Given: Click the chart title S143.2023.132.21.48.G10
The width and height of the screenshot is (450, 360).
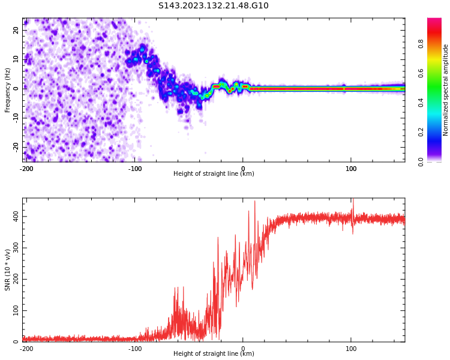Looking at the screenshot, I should pos(214,6).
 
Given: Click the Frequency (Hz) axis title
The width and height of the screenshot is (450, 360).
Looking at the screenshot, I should pos(8,89).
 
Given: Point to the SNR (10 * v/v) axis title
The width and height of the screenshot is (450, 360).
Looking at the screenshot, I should pos(8,269).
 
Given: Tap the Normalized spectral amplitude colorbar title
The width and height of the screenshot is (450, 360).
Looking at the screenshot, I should pos(446,89).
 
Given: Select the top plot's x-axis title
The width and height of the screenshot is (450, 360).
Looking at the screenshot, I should pos(214,174).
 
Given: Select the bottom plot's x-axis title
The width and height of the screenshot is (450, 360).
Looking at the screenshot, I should pos(214,354).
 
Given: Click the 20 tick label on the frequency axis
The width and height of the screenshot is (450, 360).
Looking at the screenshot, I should pos(16,30).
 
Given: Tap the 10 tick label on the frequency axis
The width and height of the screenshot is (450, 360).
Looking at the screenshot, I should pos(16,59).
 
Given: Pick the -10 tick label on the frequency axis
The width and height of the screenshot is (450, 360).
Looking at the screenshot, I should pos(14,118).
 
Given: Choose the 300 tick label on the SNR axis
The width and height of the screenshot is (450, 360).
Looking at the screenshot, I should pos(13,247).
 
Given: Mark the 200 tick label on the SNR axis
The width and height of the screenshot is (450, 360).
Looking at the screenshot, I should pos(13,279).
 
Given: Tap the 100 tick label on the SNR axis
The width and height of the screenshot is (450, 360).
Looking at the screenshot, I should pos(13,310).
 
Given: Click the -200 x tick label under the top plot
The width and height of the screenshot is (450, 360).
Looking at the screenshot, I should pos(26,169).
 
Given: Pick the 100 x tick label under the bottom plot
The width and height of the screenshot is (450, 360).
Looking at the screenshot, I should pos(351,349).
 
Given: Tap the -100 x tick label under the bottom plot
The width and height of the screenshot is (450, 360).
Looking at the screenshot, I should pos(135,349).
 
